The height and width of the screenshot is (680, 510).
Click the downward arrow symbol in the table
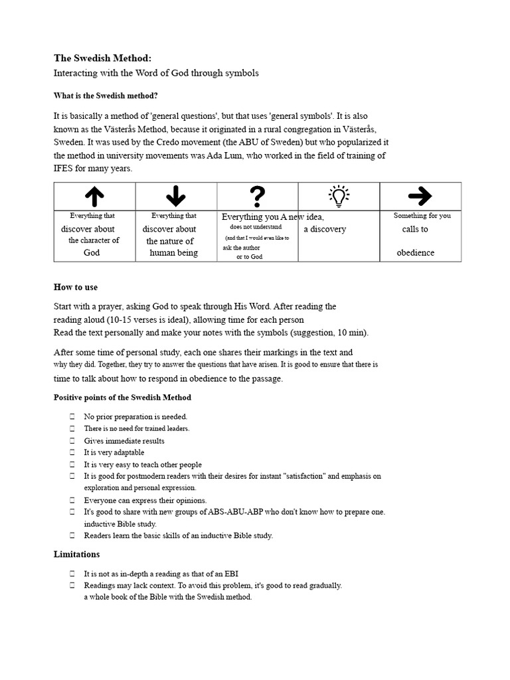pyautogui.click(x=176, y=195)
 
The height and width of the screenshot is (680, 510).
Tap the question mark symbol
pyautogui.click(x=258, y=196)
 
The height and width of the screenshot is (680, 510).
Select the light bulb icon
pyautogui.click(x=339, y=195)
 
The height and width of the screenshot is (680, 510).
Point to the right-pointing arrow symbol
pyautogui.click(x=420, y=195)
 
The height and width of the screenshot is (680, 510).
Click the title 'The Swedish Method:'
pyautogui.click(x=98, y=58)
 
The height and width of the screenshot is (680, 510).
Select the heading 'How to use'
pyautogui.click(x=76, y=287)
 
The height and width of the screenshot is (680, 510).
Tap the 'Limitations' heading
pyautogui.click(x=77, y=554)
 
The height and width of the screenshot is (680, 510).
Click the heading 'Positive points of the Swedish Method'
pyautogui.click(x=122, y=397)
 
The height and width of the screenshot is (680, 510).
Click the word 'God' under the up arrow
pyautogui.click(x=92, y=253)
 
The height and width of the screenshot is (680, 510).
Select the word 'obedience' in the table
pyautogui.click(x=416, y=253)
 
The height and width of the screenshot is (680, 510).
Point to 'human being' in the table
pyautogui.click(x=173, y=253)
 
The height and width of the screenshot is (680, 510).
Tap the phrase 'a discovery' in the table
pyautogui.click(x=325, y=230)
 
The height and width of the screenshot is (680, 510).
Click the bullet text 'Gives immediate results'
pyautogui.click(x=124, y=441)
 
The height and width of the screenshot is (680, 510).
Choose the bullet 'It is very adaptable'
pyautogui.click(x=114, y=453)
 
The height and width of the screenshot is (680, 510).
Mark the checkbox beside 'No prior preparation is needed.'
pyautogui.click(x=72, y=417)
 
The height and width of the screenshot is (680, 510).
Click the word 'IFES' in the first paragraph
pyautogui.click(x=65, y=169)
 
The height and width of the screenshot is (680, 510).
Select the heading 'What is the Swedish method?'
pyautogui.click(x=106, y=96)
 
